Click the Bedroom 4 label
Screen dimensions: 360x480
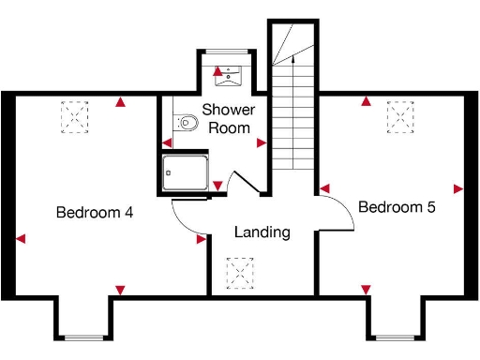point(94,213)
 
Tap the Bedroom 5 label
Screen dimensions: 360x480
point(397,207)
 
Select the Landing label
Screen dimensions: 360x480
point(262,232)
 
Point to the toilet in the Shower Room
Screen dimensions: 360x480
point(187,122)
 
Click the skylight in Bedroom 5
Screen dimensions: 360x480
point(401,114)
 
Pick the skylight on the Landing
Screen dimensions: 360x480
point(241,274)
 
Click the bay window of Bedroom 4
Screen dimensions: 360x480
point(87,337)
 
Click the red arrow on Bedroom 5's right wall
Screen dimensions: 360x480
point(457,188)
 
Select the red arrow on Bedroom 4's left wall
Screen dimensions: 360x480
point(21,239)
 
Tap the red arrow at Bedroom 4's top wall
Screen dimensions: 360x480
point(119,102)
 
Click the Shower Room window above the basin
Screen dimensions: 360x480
point(225,51)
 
